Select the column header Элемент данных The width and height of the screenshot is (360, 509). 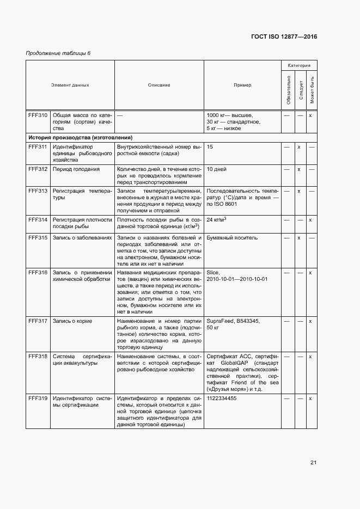(x=70, y=85)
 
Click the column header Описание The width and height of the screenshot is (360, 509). (x=159, y=85)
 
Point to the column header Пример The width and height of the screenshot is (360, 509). (x=242, y=85)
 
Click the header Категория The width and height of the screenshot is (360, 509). (x=299, y=65)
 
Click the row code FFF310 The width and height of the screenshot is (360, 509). (x=38, y=115)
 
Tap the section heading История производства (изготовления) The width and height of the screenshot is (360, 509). (x=81, y=138)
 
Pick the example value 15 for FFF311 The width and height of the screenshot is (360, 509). (x=210, y=147)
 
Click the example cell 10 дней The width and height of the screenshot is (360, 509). (x=216, y=169)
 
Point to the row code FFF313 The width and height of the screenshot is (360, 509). (x=38, y=191)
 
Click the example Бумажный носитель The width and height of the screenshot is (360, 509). (x=233, y=238)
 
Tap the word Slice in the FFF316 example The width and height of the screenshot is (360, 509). (x=213, y=272)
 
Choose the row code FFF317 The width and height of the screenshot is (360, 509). (x=38, y=321)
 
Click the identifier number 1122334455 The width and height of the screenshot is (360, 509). (x=222, y=398)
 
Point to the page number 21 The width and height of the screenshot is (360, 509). (x=313, y=463)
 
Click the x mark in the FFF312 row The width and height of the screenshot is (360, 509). (x=299, y=169)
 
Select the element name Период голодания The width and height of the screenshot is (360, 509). (x=76, y=169)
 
